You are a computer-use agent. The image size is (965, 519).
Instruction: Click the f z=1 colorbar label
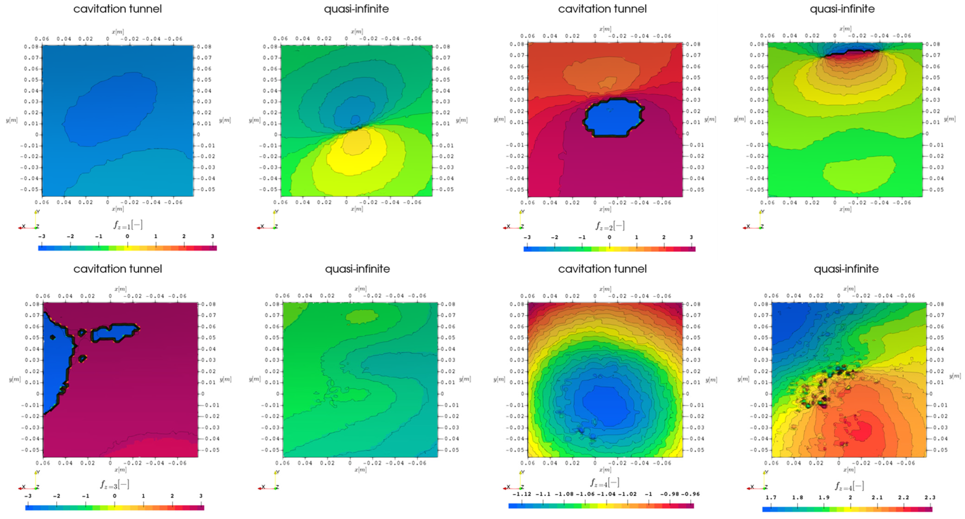coord(128,225)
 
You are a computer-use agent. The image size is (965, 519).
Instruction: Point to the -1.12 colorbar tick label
coord(521,494)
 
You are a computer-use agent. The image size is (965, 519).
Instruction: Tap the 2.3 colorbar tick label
coord(930,497)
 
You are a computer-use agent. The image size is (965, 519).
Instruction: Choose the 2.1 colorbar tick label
coord(877,497)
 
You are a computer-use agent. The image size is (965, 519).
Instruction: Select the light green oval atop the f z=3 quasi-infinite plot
coord(362,316)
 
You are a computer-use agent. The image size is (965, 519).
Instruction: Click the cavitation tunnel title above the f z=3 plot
coord(118,269)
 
